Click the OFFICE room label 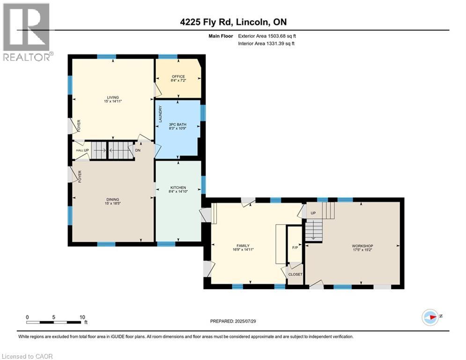(x=178, y=76)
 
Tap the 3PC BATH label (x=178, y=124)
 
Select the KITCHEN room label (x=178, y=187)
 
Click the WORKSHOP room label (x=362, y=246)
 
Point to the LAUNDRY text (x=161, y=114)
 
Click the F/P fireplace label (x=295, y=247)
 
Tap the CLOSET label (x=296, y=274)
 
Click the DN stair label (x=138, y=150)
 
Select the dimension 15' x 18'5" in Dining (x=113, y=203)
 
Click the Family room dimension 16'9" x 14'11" (x=243, y=250)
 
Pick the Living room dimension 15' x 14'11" (x=113, y=101)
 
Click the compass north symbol (x=430, y=317)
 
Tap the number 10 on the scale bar (x=82, y=317)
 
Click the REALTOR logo (x=28, y=32)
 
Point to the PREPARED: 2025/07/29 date (x=233, y=321)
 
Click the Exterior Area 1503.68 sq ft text (x=267, y=36)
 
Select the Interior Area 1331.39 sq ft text (x=266, y=44)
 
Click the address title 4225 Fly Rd (x=207, y=22)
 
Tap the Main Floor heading (x=221, y=36)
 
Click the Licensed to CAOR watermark (x=27, y=356)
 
